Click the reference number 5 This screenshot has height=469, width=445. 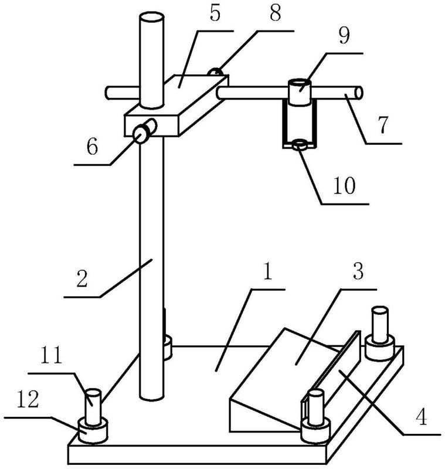[215, 13]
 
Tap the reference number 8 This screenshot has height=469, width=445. [275, 13]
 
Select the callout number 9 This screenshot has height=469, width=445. [344, 36]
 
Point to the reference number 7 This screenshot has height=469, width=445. [383, 124]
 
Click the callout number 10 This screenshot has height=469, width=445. [344, 185]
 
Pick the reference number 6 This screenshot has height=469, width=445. [92, 147]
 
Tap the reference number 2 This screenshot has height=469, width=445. [82, 278]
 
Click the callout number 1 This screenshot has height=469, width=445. [268, 271]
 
